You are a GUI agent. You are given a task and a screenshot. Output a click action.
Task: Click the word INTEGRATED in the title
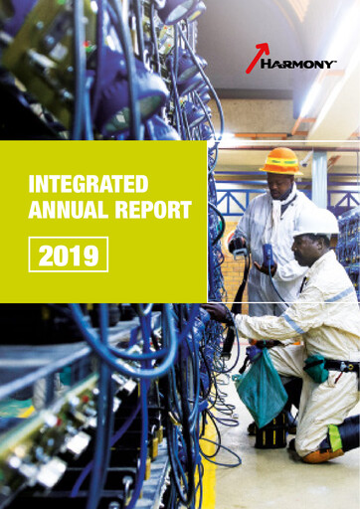click(89, 184)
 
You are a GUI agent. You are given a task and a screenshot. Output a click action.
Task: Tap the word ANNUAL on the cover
click(64, 210)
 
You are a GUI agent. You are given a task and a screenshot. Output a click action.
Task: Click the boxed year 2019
click(68, 255)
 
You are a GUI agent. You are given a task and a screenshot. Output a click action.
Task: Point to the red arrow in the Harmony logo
click(257, 59)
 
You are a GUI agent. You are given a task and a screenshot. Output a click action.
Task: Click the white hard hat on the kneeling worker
click(315, 222)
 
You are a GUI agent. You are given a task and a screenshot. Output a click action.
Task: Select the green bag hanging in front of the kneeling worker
click(262, 388)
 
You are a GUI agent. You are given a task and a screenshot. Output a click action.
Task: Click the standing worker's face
click(281, 185)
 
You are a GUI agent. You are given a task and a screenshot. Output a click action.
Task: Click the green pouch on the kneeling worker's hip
click(316, 368)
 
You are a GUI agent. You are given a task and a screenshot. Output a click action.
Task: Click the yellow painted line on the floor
click(209, 477)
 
